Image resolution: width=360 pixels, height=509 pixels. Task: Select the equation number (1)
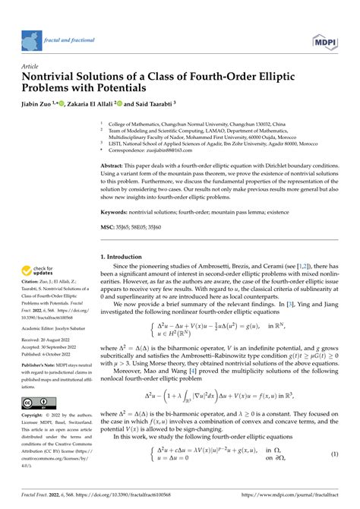333,476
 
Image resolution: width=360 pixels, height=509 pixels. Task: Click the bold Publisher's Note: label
41,365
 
